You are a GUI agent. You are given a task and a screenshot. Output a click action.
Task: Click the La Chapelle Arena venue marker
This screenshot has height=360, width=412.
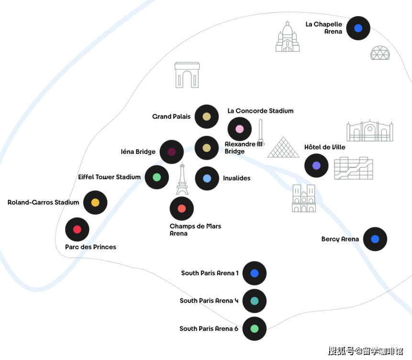(x=358, y=28)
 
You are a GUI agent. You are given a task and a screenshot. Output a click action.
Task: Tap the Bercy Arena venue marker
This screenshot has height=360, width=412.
(x=375, y=239)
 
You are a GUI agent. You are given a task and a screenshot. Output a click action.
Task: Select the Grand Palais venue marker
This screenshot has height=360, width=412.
(x=207, y=116)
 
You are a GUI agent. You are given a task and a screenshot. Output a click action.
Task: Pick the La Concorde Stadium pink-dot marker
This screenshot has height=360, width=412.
(x=240, y=129)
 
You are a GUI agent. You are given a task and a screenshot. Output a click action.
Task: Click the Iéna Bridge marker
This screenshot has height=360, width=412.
(x=172, y=152)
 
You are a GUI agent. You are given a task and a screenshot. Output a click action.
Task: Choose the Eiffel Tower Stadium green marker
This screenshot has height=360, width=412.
(x=156, y=177)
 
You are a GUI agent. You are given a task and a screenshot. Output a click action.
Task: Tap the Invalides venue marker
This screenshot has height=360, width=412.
(x=207, y=178)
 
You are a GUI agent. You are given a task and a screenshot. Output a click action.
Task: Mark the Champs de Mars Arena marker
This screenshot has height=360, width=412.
(x=182, y=208)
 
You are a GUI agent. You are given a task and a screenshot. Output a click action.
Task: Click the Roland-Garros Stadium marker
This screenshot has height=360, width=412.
(x=95, y=202)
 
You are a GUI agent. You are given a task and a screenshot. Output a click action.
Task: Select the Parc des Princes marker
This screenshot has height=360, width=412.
(x=77, y=229)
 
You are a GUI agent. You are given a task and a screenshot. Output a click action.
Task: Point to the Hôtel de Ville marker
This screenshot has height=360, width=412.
(x=316, y=166)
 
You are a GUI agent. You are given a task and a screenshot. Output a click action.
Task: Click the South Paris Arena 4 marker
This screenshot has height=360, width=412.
(x=255, y=301)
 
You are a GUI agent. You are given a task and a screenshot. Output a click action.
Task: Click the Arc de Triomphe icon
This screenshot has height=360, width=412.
(x=187, y=75)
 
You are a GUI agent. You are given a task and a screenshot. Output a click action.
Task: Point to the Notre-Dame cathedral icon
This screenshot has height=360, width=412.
(x=304, y=198)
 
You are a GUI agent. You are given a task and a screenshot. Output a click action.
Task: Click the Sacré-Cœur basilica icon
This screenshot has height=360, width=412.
(x=287, y=37)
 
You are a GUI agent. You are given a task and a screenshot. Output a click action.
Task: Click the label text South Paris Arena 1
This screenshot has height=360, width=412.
(x=210, y=273)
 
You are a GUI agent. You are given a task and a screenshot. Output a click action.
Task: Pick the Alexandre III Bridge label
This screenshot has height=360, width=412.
(x=244, y=148)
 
